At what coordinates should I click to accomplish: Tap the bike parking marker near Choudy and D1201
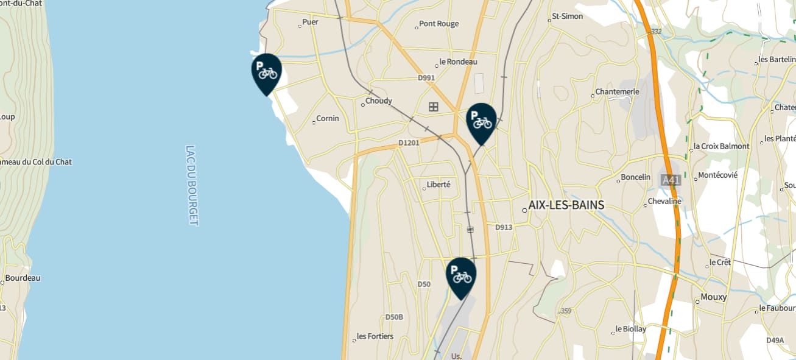[x=481, y=121]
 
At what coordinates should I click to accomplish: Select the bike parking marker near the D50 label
[x=461, y=275]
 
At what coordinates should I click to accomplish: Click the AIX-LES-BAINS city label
[x=566, y=205]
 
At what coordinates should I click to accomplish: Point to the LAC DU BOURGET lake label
[x=192, y=185]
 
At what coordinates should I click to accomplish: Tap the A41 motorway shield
[x=671, y=180]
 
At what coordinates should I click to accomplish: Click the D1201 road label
[x=409, y=143]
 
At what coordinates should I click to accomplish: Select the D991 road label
[x=426, y=78]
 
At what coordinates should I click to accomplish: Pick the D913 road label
[x=504, y=227]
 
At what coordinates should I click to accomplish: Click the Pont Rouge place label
[x=439, y=24]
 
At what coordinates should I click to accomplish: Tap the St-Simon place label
[x=567, y=16]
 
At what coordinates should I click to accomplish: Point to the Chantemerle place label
[x=617, y=92]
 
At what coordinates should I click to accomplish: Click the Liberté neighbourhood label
[x=439, y=185]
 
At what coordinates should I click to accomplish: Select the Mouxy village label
[x=714, y=297]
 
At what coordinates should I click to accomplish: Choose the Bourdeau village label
[x=23, y=278]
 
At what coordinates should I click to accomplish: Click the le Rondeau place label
[x=458, y=62]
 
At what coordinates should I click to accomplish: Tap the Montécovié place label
[x=717, y=175]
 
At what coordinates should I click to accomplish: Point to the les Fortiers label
[x=375, y=336]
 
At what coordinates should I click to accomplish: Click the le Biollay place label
[x=630, y=329]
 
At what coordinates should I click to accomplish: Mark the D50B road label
[x=394, y=317]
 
